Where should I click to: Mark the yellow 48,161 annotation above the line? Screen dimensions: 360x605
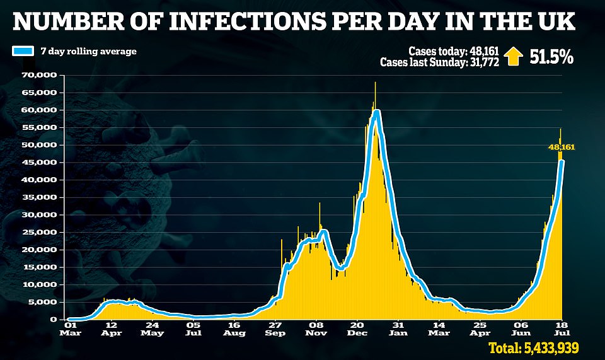561,147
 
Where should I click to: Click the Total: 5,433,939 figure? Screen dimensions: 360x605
533,347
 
